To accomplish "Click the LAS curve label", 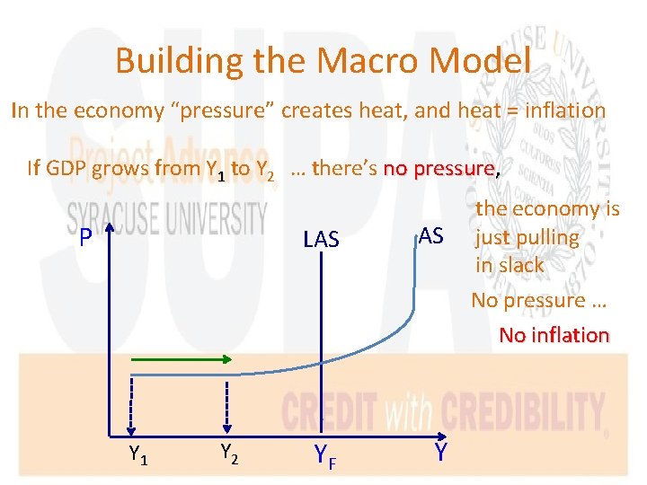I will [321, 239].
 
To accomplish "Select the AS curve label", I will [431, 235].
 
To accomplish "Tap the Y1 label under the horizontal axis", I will [138, 455].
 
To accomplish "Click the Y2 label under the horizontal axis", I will [228, 455].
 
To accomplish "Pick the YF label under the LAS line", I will [325, 458].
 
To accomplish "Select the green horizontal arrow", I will [180, 359].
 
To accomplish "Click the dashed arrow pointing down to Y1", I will [132, 404].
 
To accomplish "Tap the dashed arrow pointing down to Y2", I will [226, 404].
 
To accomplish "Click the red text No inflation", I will [554, 335].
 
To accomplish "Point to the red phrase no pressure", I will [439, 168].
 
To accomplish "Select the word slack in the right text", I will [521, 265].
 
